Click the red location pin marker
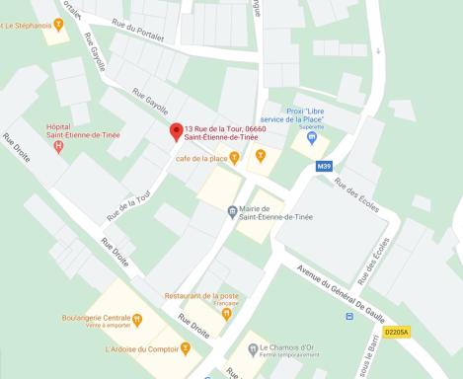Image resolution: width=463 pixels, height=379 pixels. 177,131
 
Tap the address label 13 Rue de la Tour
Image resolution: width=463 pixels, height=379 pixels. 223,132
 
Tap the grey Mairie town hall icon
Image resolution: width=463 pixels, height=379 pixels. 232,210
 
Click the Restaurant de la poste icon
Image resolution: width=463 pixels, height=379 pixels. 227,314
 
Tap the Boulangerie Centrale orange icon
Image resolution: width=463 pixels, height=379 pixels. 138,320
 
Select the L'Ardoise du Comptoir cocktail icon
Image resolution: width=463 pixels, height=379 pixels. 185,347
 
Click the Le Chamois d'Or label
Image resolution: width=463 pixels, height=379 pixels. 290,346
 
